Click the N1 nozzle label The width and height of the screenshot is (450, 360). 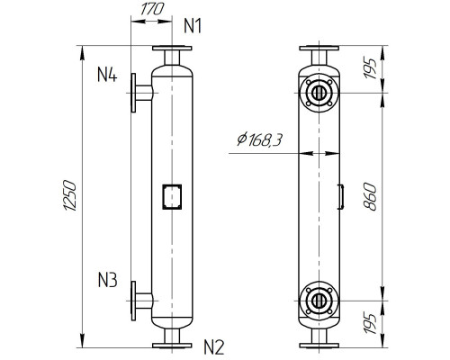(193, 26)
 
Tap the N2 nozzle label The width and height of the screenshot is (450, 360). (213, 346)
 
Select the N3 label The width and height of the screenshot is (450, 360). (107, 279)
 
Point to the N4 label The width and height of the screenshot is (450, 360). (107, 75)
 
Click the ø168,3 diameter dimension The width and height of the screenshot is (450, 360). (256, 139)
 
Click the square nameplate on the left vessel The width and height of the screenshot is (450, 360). (171, 196)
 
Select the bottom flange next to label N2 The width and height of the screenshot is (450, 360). (171, 344)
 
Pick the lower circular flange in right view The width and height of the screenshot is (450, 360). (319, 300)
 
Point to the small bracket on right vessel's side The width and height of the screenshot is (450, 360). (341, 195)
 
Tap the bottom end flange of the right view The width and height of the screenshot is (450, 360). (319, 344)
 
